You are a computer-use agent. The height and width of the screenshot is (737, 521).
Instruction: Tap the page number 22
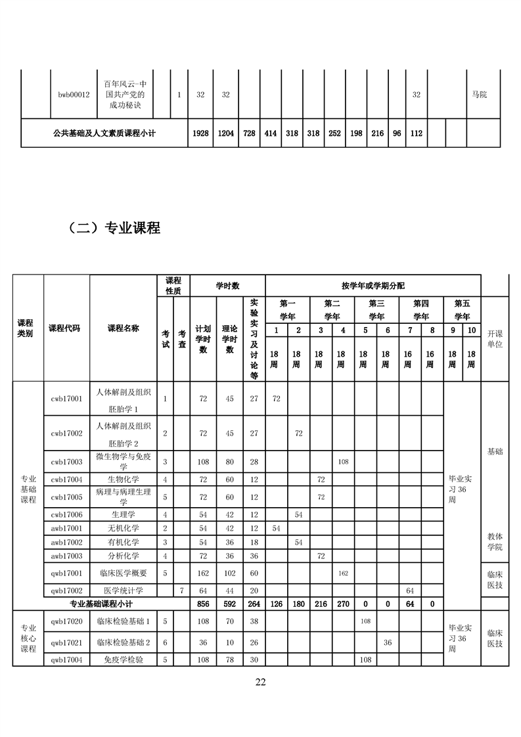(260, 682)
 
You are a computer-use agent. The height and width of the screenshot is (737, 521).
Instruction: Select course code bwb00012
(74, 95)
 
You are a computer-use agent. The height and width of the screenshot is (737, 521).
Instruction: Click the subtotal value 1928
(201, 133)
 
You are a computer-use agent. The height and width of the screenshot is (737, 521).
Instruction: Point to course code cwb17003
(66, 461)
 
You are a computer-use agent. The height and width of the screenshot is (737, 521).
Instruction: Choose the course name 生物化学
(123, 479)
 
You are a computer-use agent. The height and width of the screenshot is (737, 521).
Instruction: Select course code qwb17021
(66, 642)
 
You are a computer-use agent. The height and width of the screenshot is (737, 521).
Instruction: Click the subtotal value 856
(203, 604)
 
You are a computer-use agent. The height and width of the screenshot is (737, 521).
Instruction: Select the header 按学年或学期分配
(373, 286)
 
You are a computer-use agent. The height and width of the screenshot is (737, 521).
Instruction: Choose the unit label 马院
(480, 95)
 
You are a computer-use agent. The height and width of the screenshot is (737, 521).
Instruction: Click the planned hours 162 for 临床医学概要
(203, 573)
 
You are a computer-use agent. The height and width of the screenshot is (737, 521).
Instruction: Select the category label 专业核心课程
(28, 637)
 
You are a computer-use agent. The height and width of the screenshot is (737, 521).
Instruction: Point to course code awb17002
(66, 542)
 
